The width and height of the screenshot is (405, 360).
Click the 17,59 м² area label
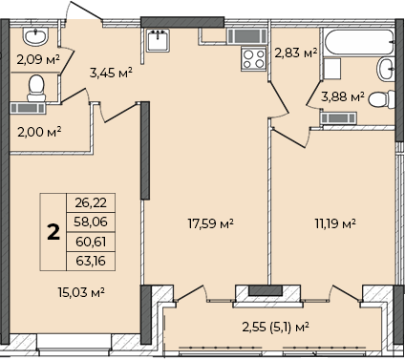coord(211,223)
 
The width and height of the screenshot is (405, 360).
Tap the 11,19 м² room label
coord(335,223)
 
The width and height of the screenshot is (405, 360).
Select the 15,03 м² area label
coord(81,292)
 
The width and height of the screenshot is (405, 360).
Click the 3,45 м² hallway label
coord(111,73)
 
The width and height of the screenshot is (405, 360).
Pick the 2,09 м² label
coord(38,59)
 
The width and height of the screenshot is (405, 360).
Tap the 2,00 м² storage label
coord(39,132)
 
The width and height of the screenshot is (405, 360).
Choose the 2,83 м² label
coord(296,53)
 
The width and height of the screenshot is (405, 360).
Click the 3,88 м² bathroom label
coord(343,96)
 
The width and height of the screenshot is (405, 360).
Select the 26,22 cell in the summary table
coord(91,202)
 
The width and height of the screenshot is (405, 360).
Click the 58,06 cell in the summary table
coord(91,222)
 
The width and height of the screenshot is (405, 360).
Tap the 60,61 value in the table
coord(91,242)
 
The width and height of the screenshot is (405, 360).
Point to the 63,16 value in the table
coord(91,261)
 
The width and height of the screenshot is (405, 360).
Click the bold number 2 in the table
coord(53,232)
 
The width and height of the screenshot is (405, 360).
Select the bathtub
coord(359,42)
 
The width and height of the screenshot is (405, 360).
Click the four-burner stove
coord(254,59)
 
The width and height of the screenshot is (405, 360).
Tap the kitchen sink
coord(158,40)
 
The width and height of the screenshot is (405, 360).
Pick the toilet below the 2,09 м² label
coord(36,88)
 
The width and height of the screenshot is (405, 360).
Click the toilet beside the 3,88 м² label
coord(382,99)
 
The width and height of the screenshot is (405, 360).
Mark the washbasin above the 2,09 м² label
coord(35,36)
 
